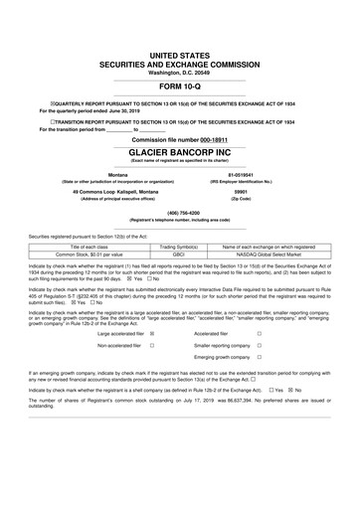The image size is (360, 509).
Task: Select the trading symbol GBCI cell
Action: [x=180, y=254]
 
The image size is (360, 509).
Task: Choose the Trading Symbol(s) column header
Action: [x=180, y=246]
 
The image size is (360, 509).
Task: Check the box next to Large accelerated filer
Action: [x=152, y=333]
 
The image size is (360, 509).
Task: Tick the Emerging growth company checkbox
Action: [x=260, y=357]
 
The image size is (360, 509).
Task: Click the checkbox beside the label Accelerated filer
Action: [x=260, y=333]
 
